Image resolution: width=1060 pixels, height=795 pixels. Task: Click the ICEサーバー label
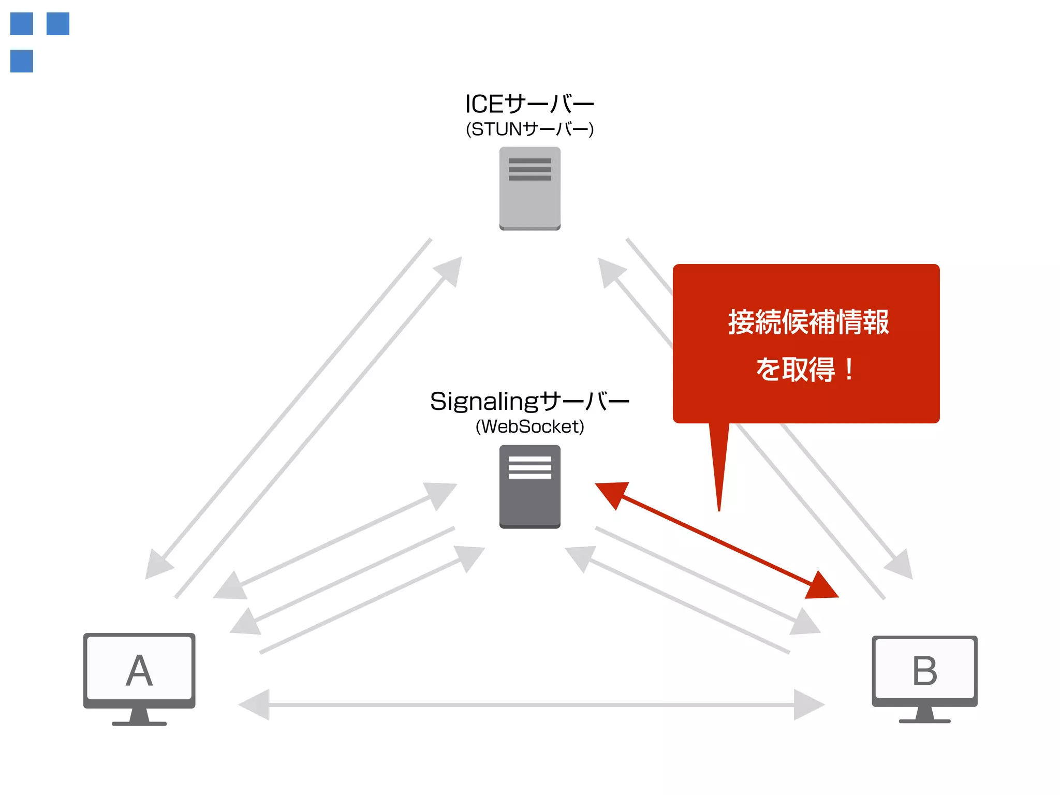coord(529,104)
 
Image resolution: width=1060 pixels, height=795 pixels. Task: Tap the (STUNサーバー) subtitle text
coord(529,129)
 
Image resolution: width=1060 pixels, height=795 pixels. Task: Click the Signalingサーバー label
coord(529,402)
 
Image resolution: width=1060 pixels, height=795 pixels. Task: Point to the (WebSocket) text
coord(529,427)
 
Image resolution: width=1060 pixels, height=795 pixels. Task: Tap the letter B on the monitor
coord(924,671)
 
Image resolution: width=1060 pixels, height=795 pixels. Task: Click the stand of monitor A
coord(139,717)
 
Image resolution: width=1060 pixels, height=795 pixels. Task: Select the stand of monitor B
coord(924,715)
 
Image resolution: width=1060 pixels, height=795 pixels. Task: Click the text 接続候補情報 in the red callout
coord(808,322)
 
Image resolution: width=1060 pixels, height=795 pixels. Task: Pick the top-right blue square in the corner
coord(58,24)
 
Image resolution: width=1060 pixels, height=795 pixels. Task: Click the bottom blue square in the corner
coord(22,61)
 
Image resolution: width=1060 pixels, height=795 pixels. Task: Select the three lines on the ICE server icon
coord(529,169)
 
